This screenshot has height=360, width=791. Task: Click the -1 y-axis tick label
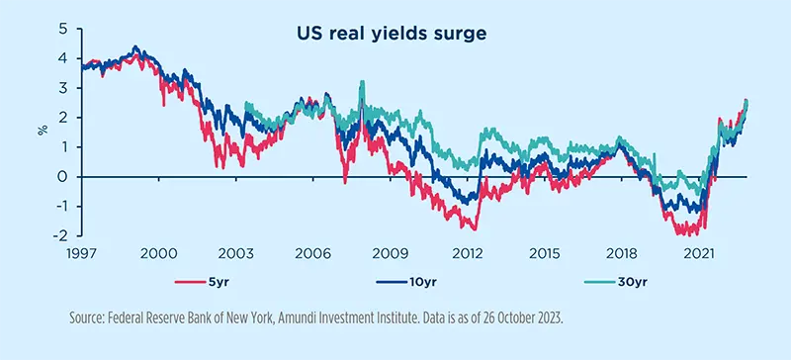click(63, 207)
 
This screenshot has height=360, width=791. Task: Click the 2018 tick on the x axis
click(617, 254)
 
